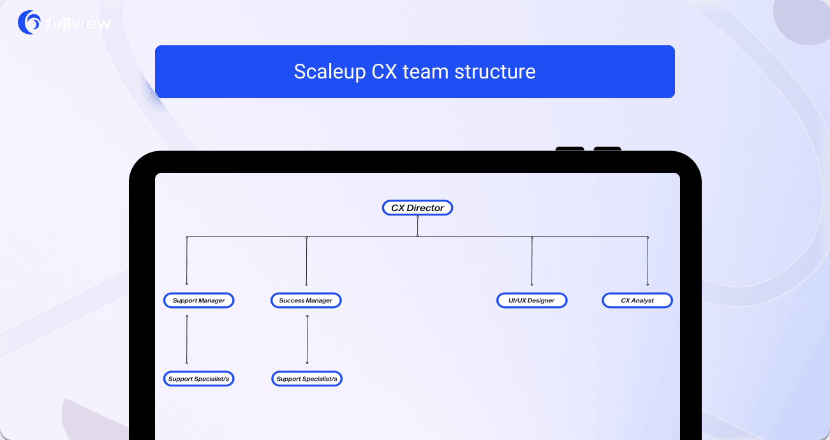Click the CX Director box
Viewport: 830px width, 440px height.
pos(417,208)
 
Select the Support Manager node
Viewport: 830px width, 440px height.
pos(198,300)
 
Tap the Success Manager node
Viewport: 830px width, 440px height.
pos(306,300)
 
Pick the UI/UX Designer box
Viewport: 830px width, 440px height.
pos(531,300)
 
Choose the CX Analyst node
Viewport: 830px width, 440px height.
pos(637,300)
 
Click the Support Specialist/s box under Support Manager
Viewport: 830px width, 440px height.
pos(198,379)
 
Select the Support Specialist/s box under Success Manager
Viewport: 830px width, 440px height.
pos(307,379)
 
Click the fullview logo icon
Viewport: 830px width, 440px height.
pos(29,22)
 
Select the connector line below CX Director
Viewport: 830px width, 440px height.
pos(417,226)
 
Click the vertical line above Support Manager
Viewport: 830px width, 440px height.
pos(187,261)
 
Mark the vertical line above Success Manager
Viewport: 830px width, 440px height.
pos(306,261)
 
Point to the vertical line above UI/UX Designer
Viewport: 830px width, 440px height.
pos(531,261)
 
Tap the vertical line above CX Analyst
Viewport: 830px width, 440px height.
pos(648,261)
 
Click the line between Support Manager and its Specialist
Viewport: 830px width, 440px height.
pos(187,339)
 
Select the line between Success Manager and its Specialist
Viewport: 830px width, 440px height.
pos(307,339)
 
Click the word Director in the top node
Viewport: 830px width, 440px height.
pos(426,208)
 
